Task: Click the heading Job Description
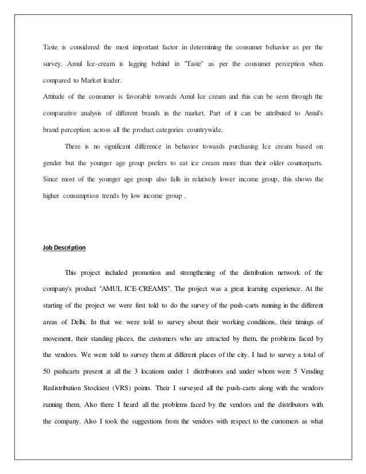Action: [x=64, y=247]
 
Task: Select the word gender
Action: [x=53, y=163]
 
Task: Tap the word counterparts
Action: [x=300, y=163]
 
